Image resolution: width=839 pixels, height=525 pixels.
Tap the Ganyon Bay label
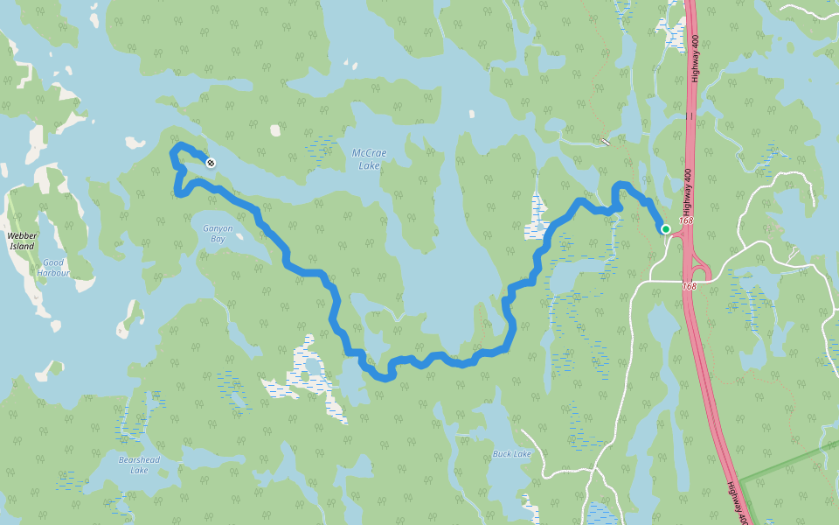click(x=218, y=233)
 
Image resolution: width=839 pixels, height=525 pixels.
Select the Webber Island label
click(x=21, y=241)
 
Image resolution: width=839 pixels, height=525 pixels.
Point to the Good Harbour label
click(x=53, y=267)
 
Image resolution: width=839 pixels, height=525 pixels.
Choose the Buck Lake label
click(x=511, y=454)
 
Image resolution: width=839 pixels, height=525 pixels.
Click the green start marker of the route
click(x=666, y=229)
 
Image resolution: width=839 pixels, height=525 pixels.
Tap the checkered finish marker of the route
click(x=211, y=162)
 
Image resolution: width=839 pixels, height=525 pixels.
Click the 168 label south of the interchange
click(x=690, y=286)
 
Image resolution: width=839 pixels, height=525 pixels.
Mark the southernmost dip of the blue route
click(x=385, y=378)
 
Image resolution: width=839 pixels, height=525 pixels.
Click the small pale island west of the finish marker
click(x=135, y=143)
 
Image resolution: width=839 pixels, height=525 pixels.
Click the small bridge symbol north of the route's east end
click(x=606, y=141)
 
